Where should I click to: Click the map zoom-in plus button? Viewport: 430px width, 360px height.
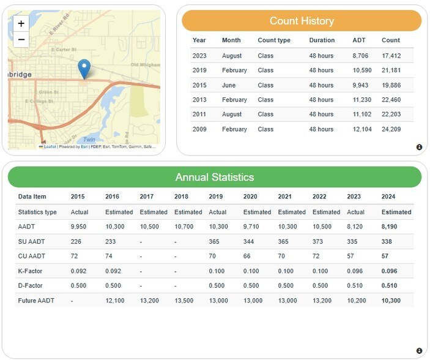click(21, 24)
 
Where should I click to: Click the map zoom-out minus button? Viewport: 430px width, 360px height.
click(21, 39)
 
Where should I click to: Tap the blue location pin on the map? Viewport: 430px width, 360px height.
click(85, 69)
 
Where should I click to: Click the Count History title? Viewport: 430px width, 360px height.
click(302, 21)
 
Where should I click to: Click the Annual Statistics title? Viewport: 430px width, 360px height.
click(214, 177)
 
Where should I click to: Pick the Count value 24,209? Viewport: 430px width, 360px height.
click(391, 129)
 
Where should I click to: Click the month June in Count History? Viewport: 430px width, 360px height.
click(229, 85)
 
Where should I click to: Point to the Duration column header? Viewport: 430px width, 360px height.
click(322, 40)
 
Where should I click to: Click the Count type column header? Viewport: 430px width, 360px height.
click(274, 40)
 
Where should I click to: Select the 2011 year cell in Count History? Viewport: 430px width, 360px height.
click(199, 114)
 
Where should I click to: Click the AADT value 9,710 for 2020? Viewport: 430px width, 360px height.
click(253, 227)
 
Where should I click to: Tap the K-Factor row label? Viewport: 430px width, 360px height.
click(31, 271)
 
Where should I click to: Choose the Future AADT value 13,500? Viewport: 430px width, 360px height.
click(184, 300)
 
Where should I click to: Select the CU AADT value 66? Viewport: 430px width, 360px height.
click(247, 256)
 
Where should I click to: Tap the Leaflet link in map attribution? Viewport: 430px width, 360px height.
click(50, 147)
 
